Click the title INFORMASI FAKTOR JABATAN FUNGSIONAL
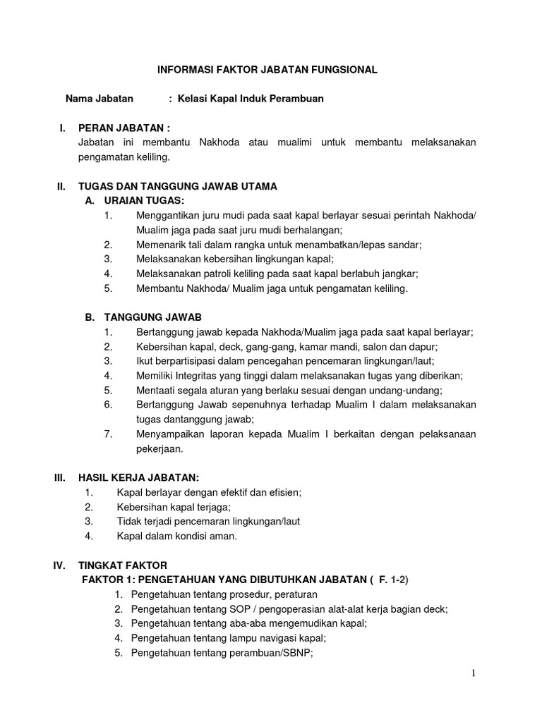(x=267, y=70)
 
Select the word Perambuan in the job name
(x=299, y=99)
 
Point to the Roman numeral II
(x=61, y=187)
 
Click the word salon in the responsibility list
(x=378, y=347)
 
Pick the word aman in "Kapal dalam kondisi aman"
(x=222, y=536)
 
